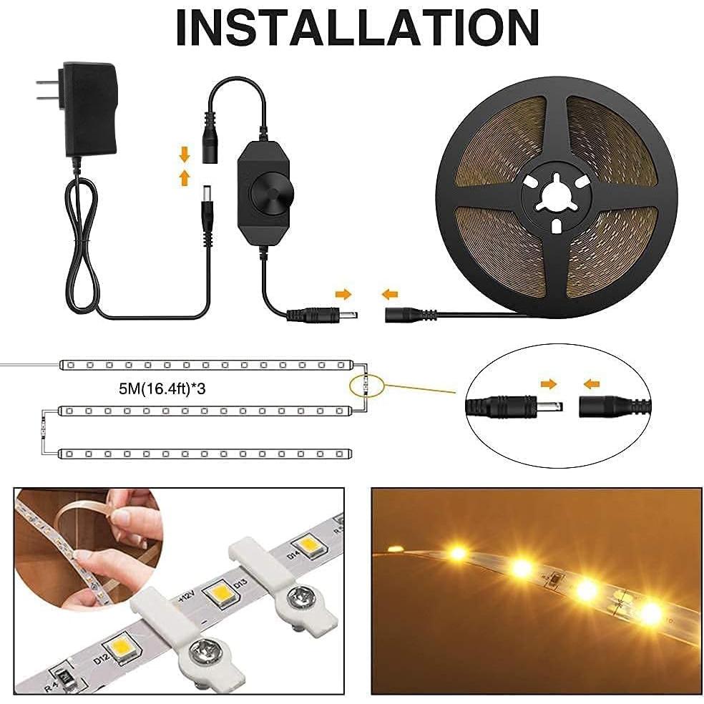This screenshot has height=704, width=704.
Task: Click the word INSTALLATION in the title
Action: (356, 29)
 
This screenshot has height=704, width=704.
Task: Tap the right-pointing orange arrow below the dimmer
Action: (343, 293)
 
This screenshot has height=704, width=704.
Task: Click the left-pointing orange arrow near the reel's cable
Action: (390, 293)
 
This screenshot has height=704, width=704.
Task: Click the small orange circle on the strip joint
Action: (365, 383)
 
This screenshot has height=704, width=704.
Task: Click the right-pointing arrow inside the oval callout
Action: (548, 384)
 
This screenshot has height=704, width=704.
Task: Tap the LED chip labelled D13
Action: (220, 594)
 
